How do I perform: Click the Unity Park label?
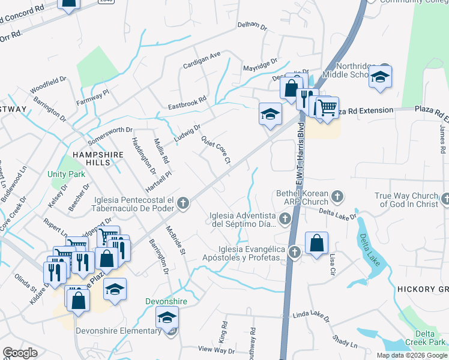click(65, 174)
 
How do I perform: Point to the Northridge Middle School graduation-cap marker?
click(380, 77)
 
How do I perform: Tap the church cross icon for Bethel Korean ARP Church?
click(337, 196)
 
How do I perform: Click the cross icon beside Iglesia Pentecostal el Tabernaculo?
click(183, 205)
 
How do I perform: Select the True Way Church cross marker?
click(445, 198)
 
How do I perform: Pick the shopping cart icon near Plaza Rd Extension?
click(327, 108)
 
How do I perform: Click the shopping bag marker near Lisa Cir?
click(316, 243)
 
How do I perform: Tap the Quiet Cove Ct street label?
click(215, 148)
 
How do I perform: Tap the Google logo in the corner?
click(20, 353)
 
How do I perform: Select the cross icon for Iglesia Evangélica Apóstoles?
click(294, 252)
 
